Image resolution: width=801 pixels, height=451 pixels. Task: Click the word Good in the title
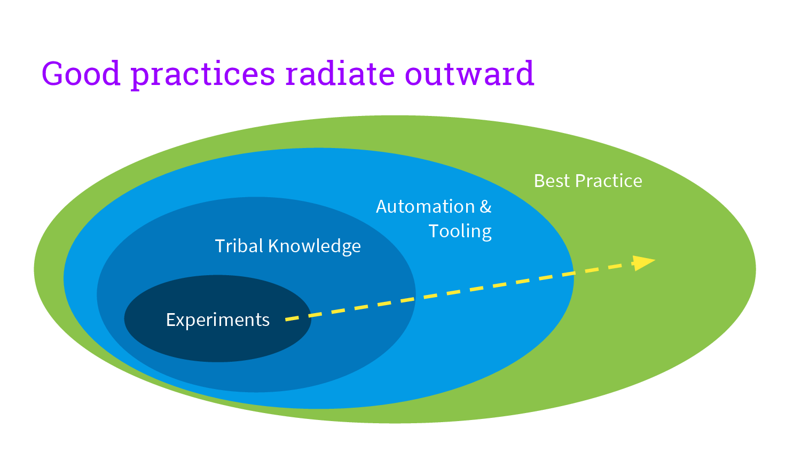[81, 74]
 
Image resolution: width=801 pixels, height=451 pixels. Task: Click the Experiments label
[218, 320]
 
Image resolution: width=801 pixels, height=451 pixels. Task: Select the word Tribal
[239, 246]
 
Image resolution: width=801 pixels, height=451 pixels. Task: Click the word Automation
[426, 207]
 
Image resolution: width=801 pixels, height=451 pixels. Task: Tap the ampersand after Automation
[485, 207]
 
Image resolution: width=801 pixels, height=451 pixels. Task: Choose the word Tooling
[460, 231]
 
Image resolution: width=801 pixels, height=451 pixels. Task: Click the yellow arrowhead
[643, 262]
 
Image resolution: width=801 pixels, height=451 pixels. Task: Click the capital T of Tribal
[219, 246]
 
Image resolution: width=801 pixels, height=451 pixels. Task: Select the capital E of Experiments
[170, 320]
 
